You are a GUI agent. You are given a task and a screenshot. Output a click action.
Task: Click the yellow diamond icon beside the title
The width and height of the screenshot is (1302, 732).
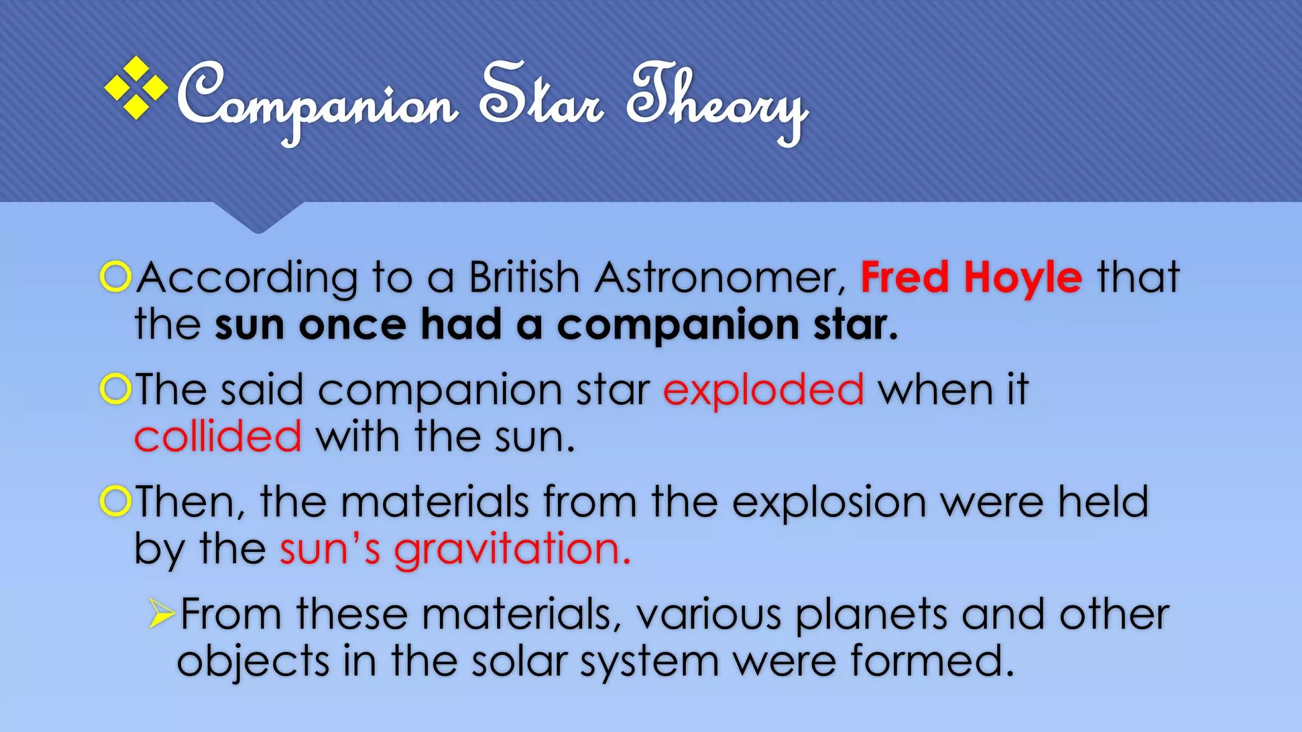pos(135,88)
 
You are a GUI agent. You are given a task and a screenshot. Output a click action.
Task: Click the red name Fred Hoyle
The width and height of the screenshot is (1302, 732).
pos(971,278)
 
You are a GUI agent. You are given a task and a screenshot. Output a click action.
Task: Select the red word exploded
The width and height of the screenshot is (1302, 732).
pos(764,390)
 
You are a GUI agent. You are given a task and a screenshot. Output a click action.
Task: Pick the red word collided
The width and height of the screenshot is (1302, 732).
pos(218,437)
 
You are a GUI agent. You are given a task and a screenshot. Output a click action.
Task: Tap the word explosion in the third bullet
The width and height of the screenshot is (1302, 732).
pos(828,503)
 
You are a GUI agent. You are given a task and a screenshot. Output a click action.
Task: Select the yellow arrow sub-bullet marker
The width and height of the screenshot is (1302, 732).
pos(161,613)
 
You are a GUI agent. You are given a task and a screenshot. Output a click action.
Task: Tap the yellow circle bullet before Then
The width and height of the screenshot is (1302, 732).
pos(116,501)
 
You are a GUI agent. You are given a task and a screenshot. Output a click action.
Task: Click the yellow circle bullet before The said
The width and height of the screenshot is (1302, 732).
pos(116,389)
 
